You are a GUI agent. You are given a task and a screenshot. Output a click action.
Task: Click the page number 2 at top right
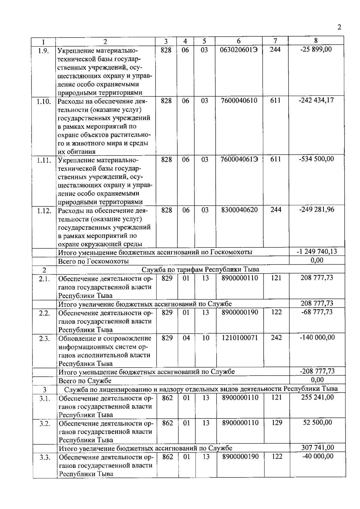tap(339, 28)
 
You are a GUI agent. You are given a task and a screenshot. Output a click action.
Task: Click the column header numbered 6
tap(238, 41)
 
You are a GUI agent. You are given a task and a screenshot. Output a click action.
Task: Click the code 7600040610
tap(239, 100)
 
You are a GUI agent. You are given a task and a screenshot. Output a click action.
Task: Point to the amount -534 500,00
tap(316, 159)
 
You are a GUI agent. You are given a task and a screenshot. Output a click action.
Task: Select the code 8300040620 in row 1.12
tap(239, 210)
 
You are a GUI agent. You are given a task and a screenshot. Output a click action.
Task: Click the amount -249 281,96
tap(316, 209)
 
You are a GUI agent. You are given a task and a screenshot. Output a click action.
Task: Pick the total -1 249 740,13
tap(316, 252)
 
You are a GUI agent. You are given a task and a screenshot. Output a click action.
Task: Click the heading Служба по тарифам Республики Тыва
tap(200, 269)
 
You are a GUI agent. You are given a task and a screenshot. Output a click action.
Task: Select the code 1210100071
tap(240, 338)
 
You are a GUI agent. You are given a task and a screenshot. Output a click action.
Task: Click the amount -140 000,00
tap(317, 337)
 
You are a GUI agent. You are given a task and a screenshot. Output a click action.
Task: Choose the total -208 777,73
tap(317, 371)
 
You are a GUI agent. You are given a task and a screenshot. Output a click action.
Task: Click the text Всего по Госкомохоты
tap(93, 261)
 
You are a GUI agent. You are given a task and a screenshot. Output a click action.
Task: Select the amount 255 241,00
tap(317, 397)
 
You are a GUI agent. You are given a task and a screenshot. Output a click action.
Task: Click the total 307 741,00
tap(317, 448)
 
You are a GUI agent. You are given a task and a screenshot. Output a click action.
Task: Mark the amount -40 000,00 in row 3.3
tap(317, 456)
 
